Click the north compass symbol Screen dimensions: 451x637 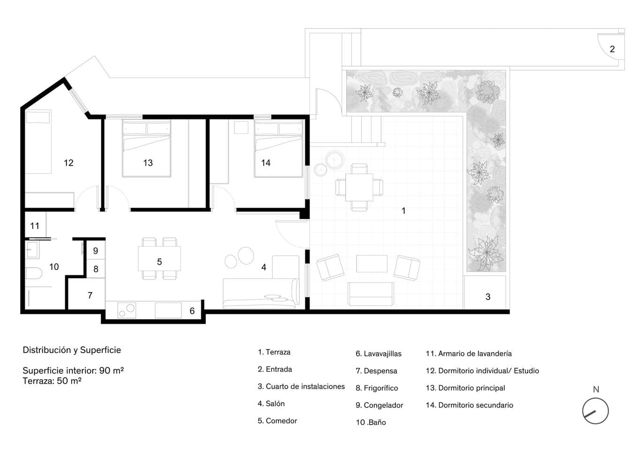[x=595, y=411]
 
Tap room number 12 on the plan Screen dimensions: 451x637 [x=68, y=163]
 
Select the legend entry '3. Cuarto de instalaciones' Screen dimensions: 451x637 [x=301, y=387]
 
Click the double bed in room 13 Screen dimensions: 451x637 [x=146, y=148]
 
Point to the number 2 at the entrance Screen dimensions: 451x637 [x=612, y=49]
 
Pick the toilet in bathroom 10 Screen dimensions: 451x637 [x=33, y=273]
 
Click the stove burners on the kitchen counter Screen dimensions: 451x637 [x=127, y=310]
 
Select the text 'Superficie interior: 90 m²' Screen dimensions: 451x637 [x=73, y=371]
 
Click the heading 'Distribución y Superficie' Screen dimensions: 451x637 [x=72, y=350]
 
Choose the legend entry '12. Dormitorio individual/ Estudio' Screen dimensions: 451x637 [x=482, y=371]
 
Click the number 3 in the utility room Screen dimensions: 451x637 [x=488, y=297]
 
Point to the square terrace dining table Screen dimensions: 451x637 [x=359, y=187]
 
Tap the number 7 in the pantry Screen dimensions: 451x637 [x=90, y=295]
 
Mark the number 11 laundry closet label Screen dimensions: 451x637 [x=35, y=226]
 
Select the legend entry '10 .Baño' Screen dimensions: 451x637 [x=371, y=422]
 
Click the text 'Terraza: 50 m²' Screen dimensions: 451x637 [x=52, y=381]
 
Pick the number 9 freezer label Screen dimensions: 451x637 [x=96, y=251]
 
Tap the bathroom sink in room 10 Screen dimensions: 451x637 [x=32, y=249]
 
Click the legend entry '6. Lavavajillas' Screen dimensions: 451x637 [x=378, y=354]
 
